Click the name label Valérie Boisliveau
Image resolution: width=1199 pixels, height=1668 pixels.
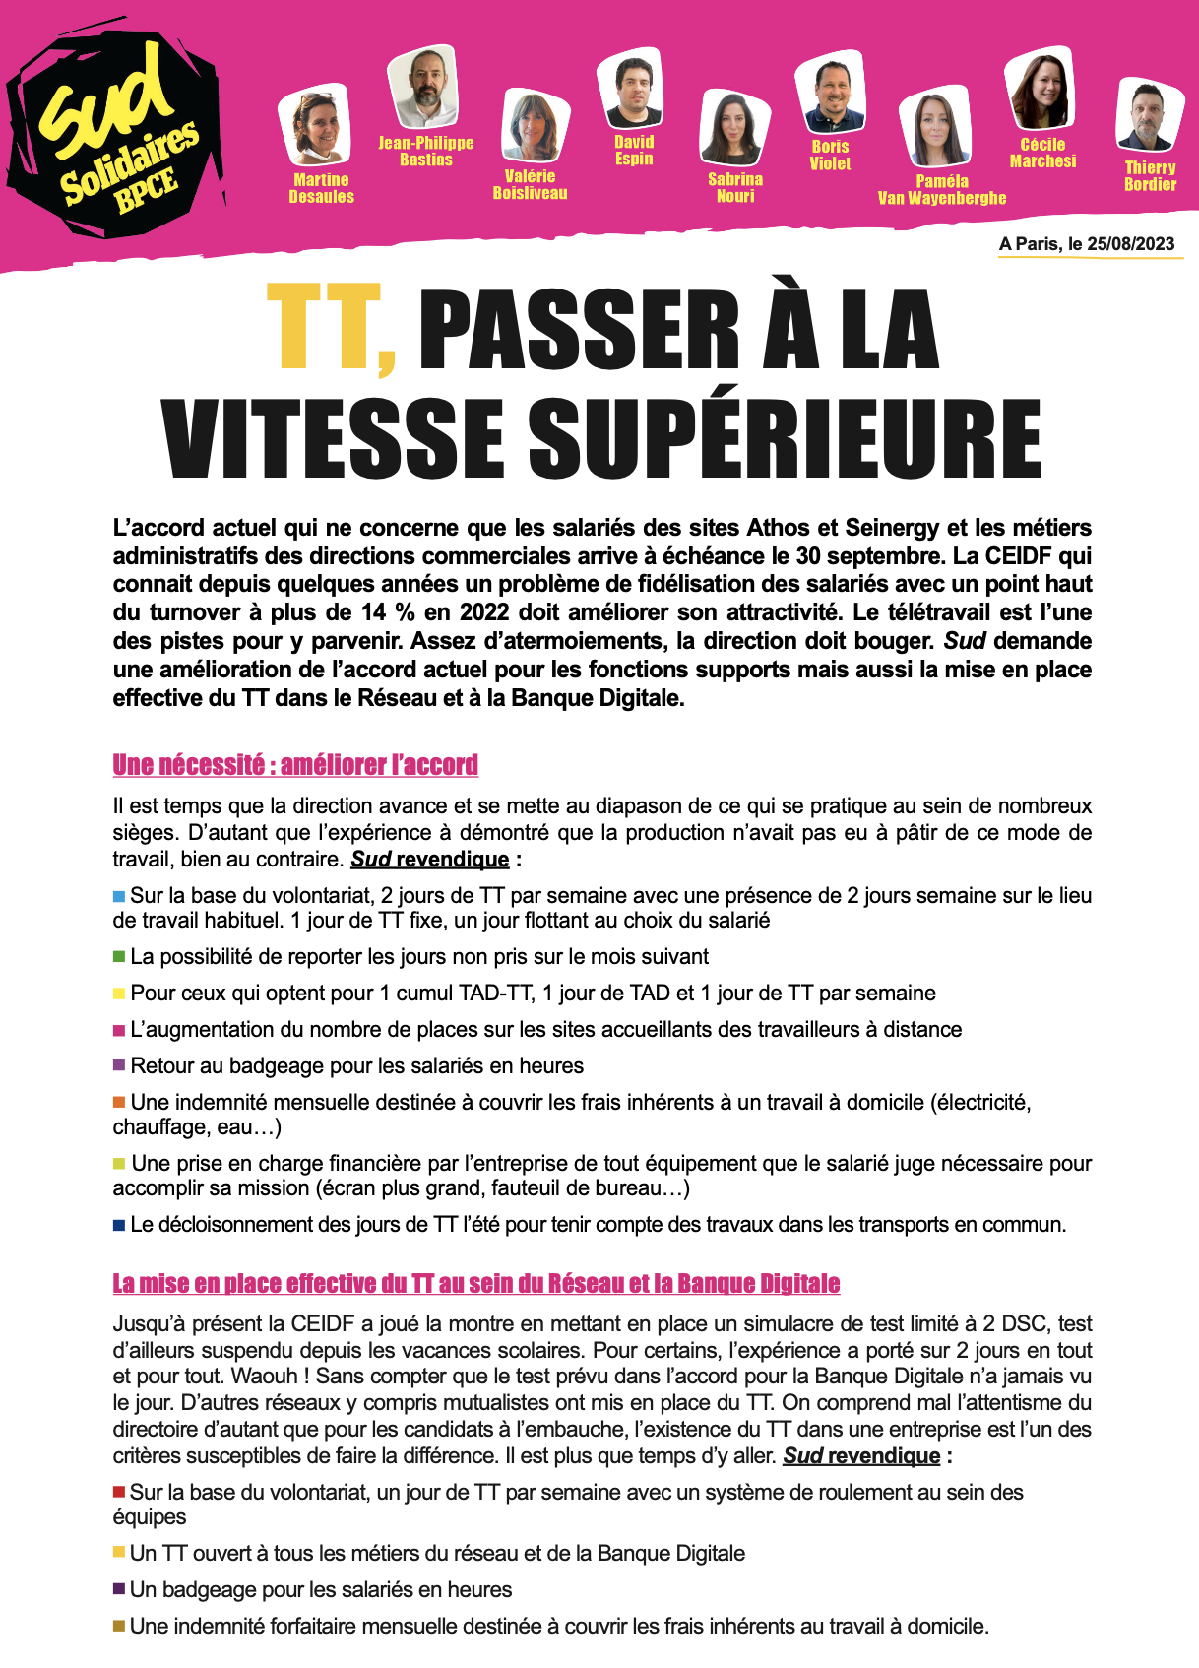(530, 184)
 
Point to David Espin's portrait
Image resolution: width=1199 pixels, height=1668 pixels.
(631, 90)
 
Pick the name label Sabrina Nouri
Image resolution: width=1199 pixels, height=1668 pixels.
(734, 187)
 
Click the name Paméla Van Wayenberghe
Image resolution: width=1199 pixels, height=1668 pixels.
(941, 189)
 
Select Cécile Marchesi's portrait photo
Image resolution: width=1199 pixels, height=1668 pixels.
(1041, 91)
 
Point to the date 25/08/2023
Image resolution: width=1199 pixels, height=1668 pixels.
(1131, 244)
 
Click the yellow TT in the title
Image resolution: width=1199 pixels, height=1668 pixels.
(331, 330)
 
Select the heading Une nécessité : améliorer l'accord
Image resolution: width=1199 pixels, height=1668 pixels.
(295, 765)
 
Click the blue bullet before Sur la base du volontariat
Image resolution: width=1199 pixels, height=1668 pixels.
(119, 896)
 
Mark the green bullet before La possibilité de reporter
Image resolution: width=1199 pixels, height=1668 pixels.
(119, 957)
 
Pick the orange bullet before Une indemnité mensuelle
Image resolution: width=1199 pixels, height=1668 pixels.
(119, 1102)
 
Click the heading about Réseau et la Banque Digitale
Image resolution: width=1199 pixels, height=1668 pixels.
(476, 1283)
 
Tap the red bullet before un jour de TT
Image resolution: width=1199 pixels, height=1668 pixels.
(119, 1492)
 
